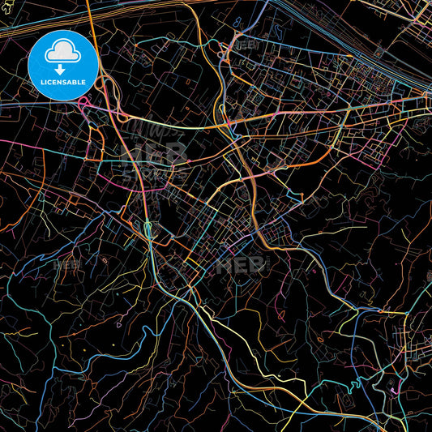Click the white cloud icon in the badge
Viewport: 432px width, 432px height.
[61, 51]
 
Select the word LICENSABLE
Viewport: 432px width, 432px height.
[61, 81]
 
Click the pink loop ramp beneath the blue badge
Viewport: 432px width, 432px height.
[84, 101]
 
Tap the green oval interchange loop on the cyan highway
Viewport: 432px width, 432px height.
[148, 229]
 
